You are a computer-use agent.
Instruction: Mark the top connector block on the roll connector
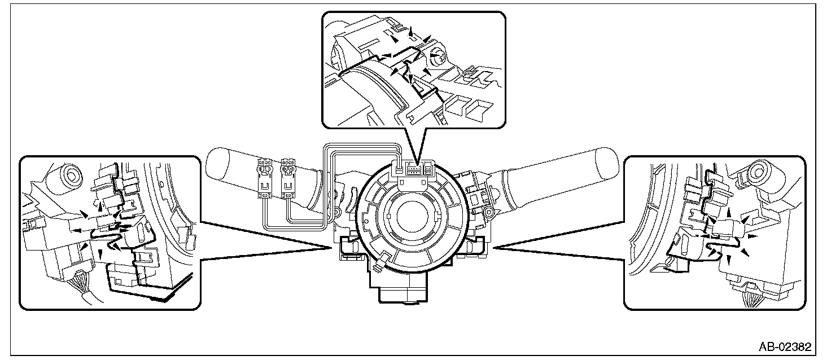click(x=412, y=168)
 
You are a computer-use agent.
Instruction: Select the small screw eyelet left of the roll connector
click(x=338, y=213)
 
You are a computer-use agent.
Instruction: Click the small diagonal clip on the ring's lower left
click(x=383, y=260)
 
